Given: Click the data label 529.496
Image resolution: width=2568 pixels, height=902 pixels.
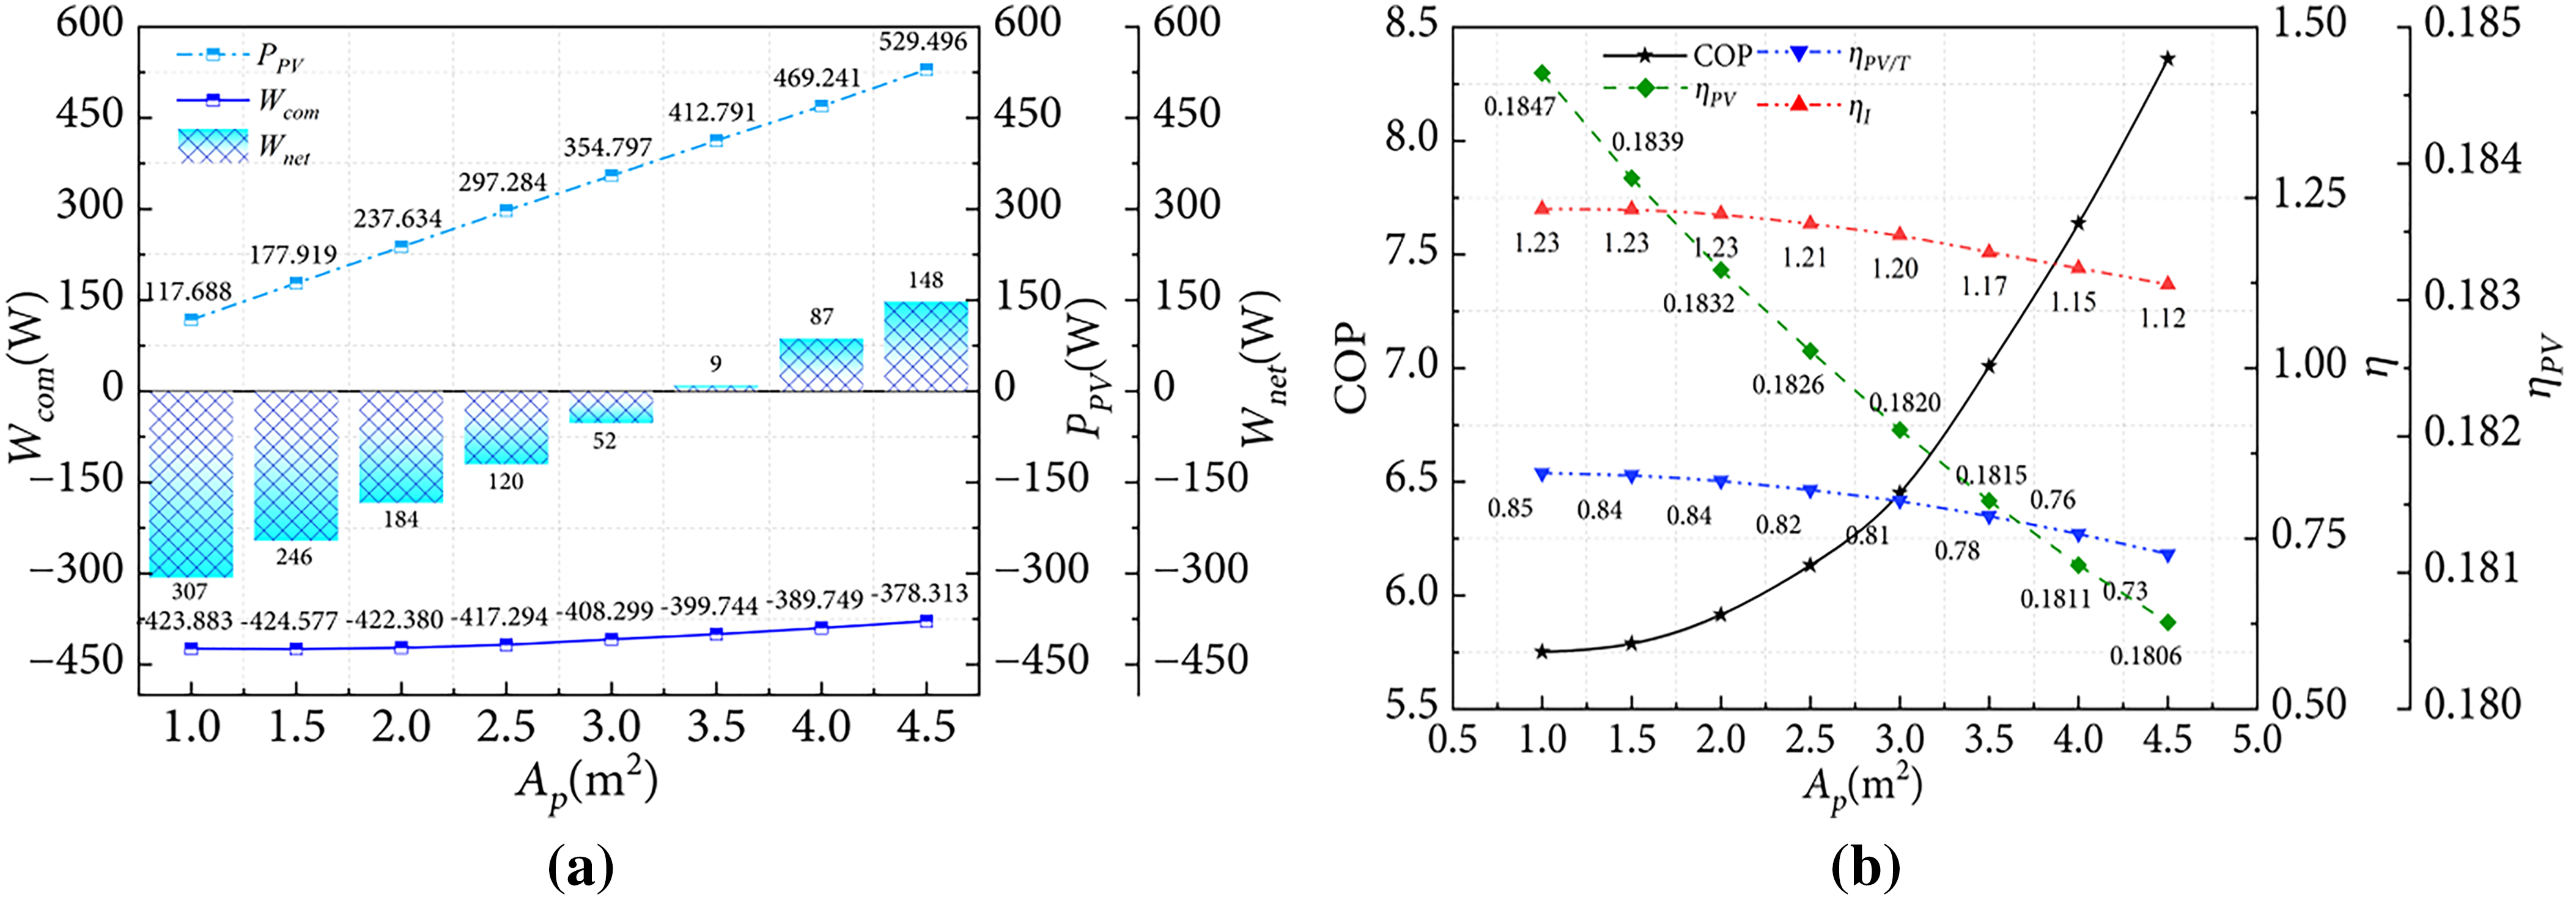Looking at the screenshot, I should click(923, 42).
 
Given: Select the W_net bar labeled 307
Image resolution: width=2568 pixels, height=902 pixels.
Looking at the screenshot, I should click(191, 483).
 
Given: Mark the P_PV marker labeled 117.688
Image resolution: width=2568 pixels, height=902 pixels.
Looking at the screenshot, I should click(191, 319).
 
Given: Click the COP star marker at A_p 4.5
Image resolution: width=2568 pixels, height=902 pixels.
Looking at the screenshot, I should click(2168, 59).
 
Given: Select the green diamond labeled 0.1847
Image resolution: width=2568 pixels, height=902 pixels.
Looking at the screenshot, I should click(1542, 73).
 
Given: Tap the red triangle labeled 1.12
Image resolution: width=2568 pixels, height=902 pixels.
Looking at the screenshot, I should click(2168, 284).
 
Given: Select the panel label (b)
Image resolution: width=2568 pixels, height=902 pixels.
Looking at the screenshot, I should click(1866, 869).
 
